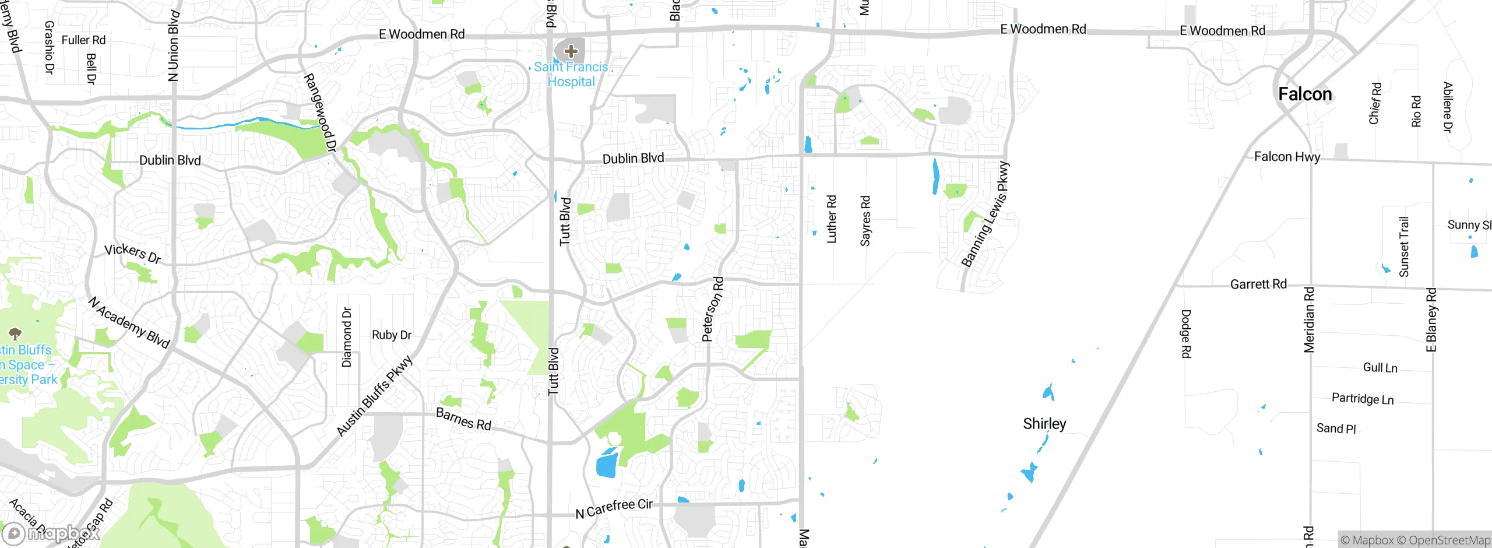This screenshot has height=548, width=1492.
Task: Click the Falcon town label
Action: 1305,94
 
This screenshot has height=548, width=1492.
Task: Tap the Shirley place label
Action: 1044,424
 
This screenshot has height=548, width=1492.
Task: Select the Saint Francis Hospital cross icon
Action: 571,51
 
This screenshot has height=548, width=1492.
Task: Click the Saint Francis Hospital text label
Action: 571,75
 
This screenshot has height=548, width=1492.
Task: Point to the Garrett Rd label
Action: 1258,284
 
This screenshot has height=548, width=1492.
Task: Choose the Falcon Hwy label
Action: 1287,157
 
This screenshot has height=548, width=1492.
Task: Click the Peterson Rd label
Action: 713,309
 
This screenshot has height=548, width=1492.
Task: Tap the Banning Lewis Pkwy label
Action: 986,215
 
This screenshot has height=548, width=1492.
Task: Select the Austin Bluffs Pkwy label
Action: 375,396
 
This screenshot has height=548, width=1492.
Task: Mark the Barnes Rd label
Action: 464,419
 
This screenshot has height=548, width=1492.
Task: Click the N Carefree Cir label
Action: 614,508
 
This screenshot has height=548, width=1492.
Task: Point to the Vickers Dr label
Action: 132,254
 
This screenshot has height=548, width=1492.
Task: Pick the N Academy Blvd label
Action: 129,322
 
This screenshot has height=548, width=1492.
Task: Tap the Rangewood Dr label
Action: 320,113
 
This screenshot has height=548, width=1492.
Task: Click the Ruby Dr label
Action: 392,335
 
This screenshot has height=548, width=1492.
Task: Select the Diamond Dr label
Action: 347,337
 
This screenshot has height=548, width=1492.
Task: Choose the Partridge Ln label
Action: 1362,399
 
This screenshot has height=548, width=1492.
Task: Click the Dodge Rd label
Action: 1186,333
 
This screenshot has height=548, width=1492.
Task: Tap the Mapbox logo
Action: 50,533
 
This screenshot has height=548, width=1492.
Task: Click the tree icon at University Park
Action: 15,333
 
